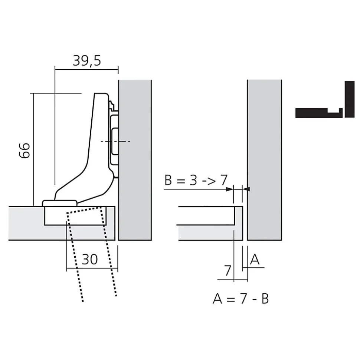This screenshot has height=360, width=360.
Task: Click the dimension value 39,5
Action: (86, 60)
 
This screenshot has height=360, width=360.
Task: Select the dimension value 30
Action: (89, 260)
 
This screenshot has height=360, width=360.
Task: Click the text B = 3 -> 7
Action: (196, 181)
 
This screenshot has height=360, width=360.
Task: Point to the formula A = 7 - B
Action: (240, 298)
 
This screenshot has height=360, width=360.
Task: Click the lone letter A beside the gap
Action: (255, 260)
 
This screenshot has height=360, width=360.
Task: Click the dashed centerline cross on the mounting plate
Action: (115, 141)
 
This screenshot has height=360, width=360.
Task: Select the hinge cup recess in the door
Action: (74, 216)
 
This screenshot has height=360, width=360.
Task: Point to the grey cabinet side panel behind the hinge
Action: (135, 159)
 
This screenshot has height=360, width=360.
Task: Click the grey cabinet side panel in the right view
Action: (264, 159)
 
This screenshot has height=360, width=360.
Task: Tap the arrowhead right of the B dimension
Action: (248, 189)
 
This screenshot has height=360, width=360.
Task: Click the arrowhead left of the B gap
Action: (229, 189)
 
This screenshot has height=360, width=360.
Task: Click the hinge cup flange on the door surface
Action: (60, 203)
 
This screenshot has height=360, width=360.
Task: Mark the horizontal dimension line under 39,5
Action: (86, 68)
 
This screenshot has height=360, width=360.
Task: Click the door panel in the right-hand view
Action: (208, 232)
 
